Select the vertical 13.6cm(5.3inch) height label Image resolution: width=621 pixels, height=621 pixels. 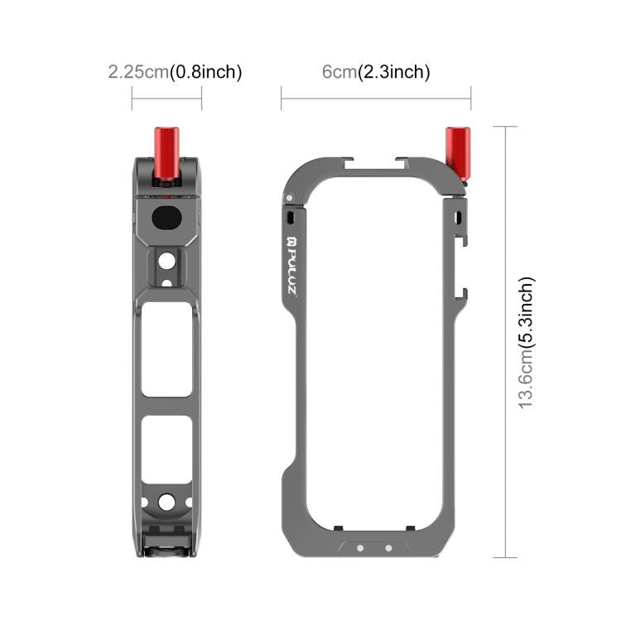click(527, 341)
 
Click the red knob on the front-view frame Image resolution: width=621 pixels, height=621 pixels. click(457, 156)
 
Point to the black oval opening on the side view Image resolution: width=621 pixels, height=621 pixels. click(166, 219)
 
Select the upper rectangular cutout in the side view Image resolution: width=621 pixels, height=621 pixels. click(166, 349)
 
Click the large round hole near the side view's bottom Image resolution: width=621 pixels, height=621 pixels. click(166, 502)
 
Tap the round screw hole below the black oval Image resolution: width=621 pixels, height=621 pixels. click(166, 261)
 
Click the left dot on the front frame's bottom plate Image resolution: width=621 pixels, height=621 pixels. click(360, 547)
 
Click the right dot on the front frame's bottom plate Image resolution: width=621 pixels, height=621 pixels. click(388, 547)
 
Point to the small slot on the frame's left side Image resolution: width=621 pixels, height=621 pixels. click(292, 216)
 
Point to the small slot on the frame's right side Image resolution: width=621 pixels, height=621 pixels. click(459, 217)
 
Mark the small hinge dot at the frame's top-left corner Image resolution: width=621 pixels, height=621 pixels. click(287, 197)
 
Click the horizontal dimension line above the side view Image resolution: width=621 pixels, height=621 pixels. click(166, 99)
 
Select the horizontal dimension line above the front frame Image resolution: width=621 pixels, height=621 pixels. click(376, 99)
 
